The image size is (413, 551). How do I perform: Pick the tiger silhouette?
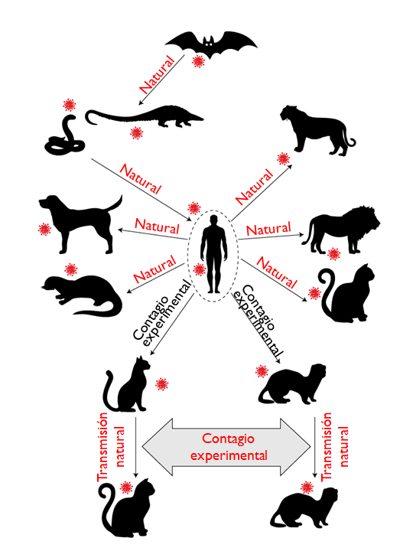click(x=316, y=131)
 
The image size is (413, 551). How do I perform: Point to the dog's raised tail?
click(x=115, y=204)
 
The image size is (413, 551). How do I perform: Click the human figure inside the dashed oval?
click(x=213, y=254)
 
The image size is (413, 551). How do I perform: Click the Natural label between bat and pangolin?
click(x=158, y=74)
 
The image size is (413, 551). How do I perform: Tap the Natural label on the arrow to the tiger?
click(x=254, y=187)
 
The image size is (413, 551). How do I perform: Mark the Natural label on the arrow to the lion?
click(x=268, y=229)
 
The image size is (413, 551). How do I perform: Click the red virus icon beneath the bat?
click(x=198, y=61)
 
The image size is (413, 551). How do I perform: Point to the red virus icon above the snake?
click(x=69, y=105)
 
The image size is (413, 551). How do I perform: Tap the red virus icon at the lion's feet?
click(x=333, y=254)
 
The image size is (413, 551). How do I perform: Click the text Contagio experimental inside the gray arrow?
click(x=229, y=447)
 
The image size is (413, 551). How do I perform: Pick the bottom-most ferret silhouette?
click(x=304, y=507)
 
